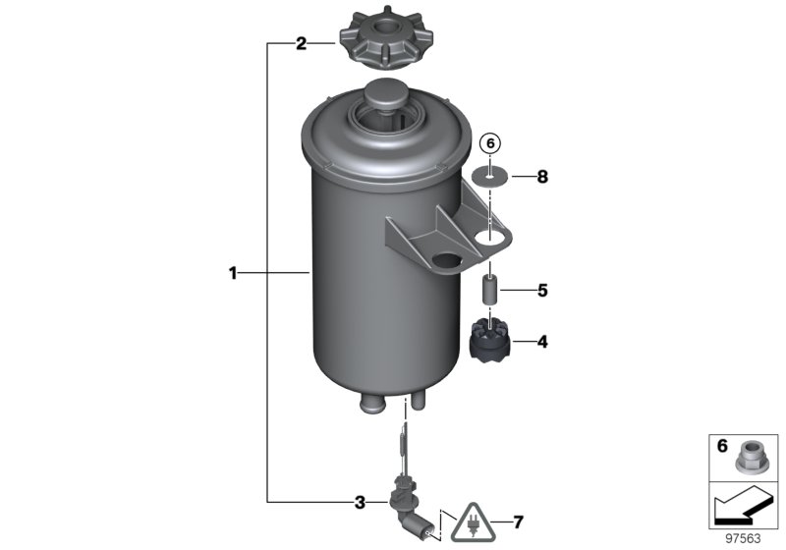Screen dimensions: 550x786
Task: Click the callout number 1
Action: [x=233, y=273]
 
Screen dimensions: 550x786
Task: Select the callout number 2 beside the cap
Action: [x=302, y=43]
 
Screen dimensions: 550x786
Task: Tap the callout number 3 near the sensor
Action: [x=361, y=503]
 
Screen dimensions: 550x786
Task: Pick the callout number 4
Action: [x=541, y=342]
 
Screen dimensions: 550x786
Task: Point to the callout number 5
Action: [x=541, y=291]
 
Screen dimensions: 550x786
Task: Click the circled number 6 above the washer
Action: [x=489, y=144]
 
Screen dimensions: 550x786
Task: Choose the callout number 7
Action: [x=520, y=521]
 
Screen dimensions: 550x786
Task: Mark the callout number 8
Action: [x=541, y=178]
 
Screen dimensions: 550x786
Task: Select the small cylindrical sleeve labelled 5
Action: [x=489, y=292]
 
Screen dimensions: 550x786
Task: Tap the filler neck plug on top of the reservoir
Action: [x=384, y=98]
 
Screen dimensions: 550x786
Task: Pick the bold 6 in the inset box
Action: [x=721, y=446]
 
